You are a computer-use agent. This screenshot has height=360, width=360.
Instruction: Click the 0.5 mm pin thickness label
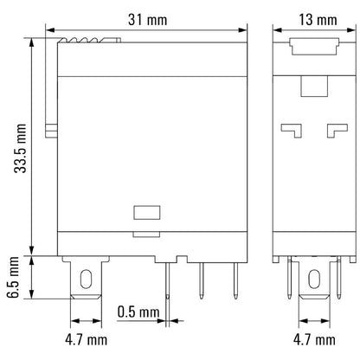(138, 311)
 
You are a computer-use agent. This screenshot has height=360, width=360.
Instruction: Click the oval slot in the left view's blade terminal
(86, 279)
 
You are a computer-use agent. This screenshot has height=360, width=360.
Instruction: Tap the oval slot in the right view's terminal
(314, 279)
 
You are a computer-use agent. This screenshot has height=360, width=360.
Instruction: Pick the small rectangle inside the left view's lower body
(145, 210)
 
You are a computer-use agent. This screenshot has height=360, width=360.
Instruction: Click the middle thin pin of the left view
(200, 279)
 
